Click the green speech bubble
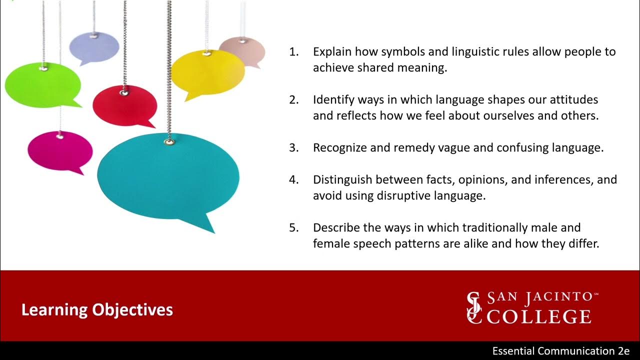click(x=42, y=85)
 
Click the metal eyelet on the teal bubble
click(x=168, y=142)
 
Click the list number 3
click(x=293, y=148)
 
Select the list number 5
click(x=293, y=228)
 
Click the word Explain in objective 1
click(x=331, y=52)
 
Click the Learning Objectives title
click(x=97, y=310)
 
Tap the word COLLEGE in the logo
click(x=539, y=316)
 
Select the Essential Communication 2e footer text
click(x=560, y=351)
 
